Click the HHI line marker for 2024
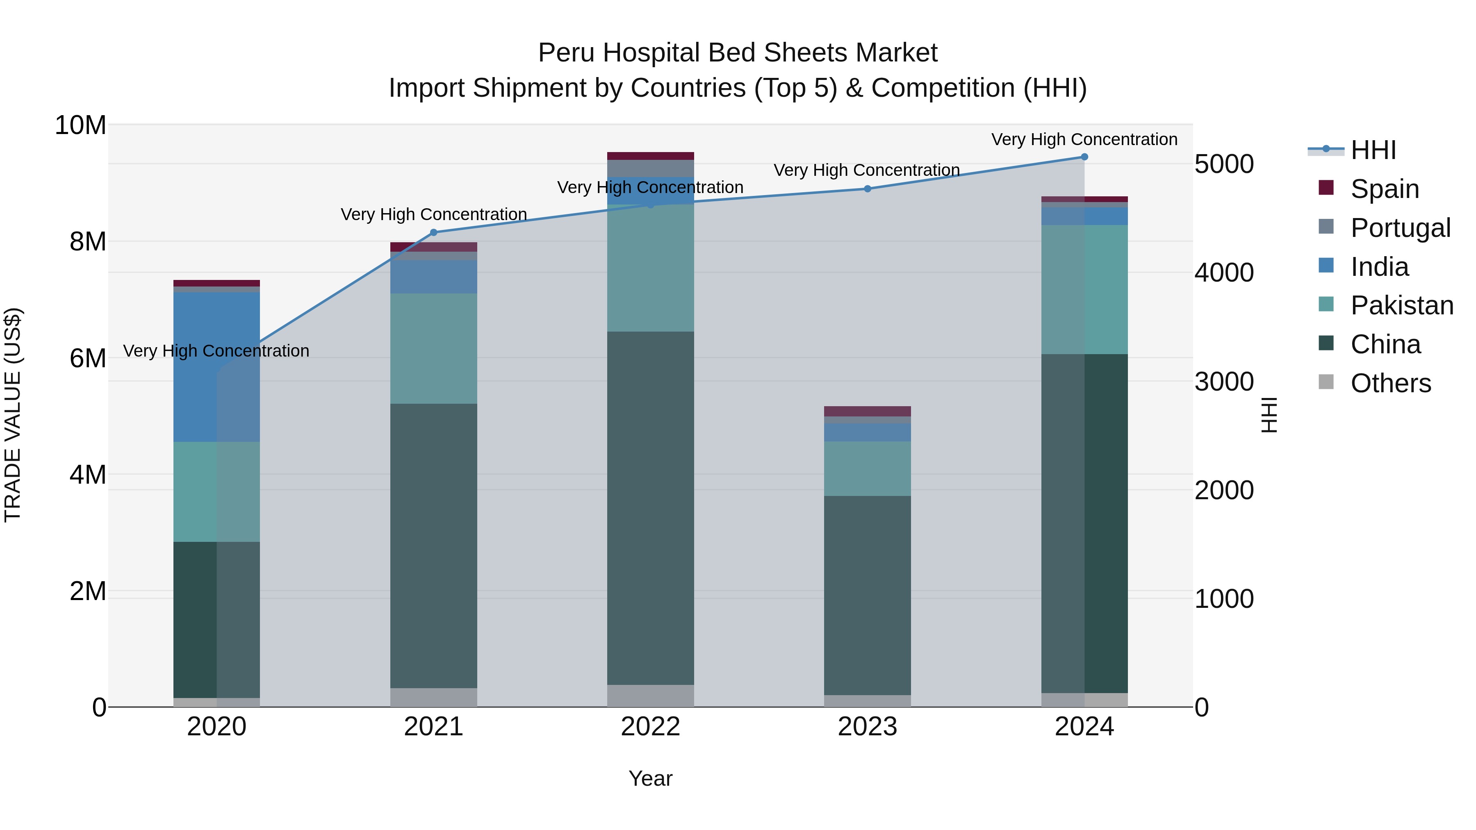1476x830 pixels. [x=1084, y=157]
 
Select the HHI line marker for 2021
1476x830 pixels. [x=434, y=232]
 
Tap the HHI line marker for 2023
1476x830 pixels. [x=868, y=189]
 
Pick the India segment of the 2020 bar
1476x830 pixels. [x=216, y=366]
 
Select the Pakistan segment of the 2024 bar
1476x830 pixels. [x=1084, y=289]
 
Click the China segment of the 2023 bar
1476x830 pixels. [x=868, y=595]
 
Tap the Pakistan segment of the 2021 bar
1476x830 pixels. [x=434, y=348]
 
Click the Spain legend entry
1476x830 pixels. [x=1384, y=189]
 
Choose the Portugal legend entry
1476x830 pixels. [x=1400, y=228]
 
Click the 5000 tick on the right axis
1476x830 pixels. [x=1224, y=164]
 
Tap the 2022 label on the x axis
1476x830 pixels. [x=650, y=727]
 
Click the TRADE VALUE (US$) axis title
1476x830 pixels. [x=13, y=415]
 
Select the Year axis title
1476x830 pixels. [x=650, y=778]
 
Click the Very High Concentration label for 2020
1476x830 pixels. [x=216, y=350]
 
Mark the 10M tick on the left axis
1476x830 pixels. [x=80, y=125]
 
